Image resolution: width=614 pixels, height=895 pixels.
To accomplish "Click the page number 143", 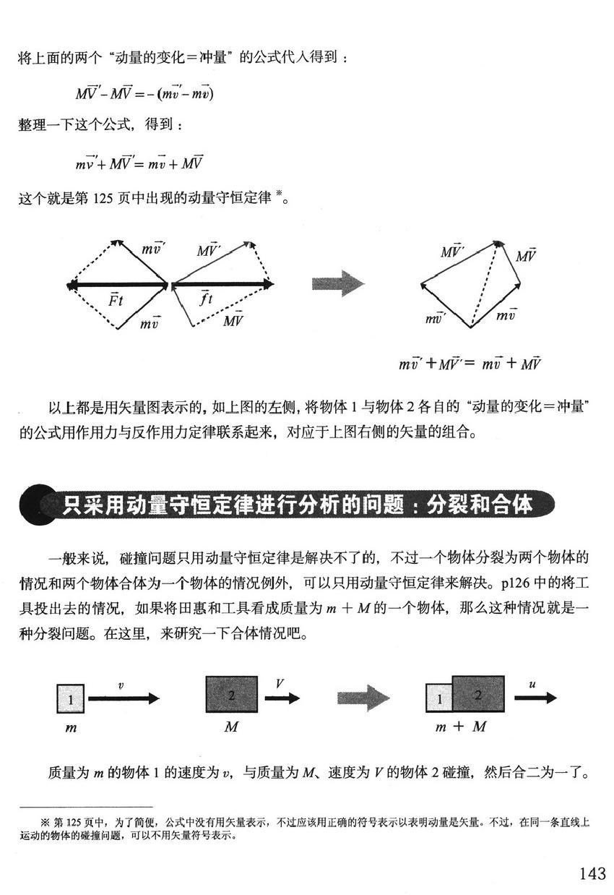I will coord(592,873).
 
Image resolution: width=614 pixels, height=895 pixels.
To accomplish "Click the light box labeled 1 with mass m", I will coord(71,699).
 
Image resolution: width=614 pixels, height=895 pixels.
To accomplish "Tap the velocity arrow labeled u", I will coord(535,698).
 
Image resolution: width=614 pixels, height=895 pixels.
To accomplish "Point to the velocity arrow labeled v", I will coord(122,698).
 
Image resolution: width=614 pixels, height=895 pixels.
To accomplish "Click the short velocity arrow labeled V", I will coord(282,698).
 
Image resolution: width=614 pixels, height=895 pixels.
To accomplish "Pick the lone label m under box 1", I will coord(71,728).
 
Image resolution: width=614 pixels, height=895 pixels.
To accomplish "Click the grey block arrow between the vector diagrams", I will coord(337,283).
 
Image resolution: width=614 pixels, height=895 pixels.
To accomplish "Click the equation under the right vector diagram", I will coord(470,364).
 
